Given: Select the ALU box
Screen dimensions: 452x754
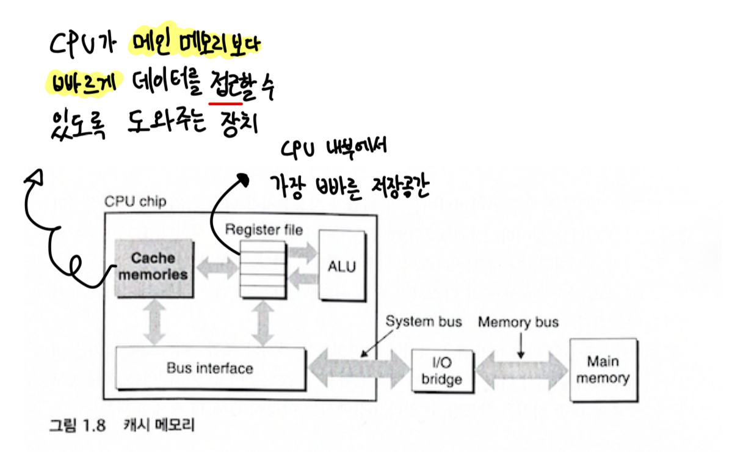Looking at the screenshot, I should (x=342, y=266).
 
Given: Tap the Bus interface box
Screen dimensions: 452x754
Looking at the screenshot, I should (x=209, y=368).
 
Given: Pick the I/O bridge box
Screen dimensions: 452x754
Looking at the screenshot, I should (x=441, y=371).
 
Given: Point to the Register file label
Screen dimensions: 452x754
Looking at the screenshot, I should (x=264, y=230).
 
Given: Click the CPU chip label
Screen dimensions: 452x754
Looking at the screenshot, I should (x=135, y=202).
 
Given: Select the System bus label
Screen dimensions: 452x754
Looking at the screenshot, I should (x=424, y=321).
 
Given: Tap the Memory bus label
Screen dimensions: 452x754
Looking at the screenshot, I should (x=518, y=321).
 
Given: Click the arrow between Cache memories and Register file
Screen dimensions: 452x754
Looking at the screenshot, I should (x=214, y=267).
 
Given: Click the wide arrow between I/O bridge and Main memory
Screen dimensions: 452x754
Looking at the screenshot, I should (x=522, y=370).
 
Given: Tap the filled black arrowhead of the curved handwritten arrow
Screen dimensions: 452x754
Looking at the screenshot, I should (x=244, y=179).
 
